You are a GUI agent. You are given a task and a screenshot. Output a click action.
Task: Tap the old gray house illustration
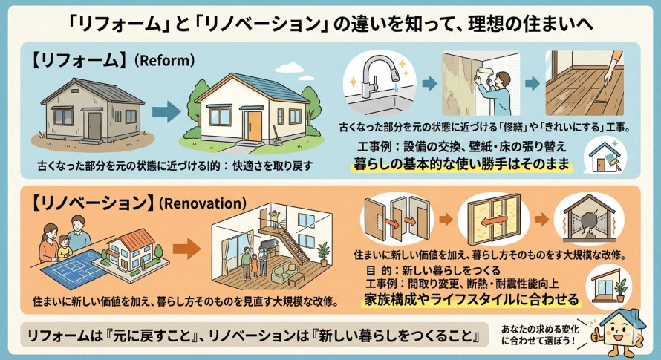pyautogui.click(x=88, y=110)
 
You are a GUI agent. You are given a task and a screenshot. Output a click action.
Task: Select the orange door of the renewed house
pyautogui.click(x=255, y=121)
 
